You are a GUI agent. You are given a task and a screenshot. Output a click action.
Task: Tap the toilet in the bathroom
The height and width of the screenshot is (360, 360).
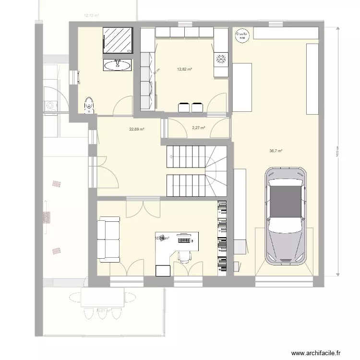point(88,105)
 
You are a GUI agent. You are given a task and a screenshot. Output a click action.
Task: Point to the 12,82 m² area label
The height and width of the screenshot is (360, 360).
point(184,70)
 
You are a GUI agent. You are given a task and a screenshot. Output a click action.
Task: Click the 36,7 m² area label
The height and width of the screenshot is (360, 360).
point(276,151)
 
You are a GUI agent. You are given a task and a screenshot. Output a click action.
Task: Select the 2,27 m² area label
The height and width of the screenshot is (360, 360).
point(198,128)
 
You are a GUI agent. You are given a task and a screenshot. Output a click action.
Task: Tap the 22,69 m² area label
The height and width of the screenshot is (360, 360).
point(137,129)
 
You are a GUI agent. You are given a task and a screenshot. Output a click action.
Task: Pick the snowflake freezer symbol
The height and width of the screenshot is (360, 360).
point(221,59)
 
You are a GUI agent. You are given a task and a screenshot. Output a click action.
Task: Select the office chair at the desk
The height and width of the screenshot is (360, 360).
point(184,256)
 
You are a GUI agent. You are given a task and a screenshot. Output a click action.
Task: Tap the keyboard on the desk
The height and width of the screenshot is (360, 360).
point(184,239)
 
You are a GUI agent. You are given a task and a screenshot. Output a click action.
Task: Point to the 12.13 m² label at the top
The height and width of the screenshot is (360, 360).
point(91,15)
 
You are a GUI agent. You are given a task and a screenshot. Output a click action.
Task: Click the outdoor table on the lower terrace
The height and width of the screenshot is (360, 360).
point(103,298)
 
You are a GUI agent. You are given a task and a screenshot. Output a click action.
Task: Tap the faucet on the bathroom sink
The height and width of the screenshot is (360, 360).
point(117,61)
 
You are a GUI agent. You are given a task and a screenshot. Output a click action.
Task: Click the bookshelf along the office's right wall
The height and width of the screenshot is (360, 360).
point(222,238)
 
